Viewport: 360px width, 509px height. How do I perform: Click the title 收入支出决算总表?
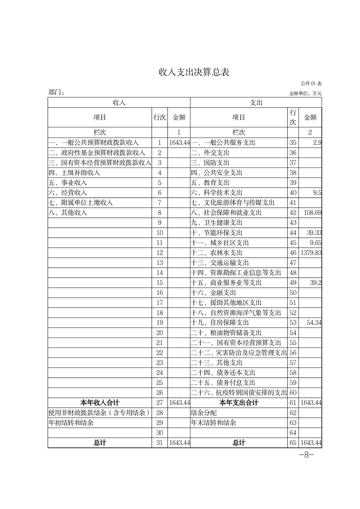194,72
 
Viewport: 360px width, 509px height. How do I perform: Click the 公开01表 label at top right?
311,84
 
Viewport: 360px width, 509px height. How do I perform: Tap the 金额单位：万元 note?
306,93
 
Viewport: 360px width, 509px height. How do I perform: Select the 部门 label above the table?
56,93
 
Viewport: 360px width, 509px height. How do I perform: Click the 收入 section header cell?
119,103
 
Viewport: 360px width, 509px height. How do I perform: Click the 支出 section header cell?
256,103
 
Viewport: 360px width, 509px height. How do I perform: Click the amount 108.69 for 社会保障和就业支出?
312,212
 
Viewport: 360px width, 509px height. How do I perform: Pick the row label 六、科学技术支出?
216,192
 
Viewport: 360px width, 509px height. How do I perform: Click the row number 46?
293,252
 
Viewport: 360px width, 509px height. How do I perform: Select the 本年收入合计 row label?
100,402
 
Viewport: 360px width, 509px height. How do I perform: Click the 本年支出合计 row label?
238,402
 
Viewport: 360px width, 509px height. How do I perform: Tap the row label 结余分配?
204,412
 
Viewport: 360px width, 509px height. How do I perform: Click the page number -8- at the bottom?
306,455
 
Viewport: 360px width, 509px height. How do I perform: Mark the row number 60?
293,392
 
